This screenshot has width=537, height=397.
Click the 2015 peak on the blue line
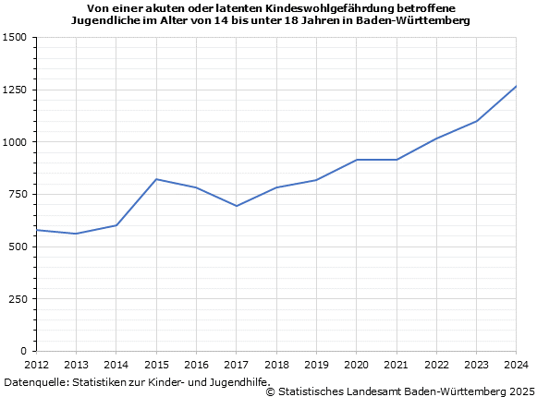tap(156, 179)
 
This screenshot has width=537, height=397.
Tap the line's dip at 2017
tap(237, 206)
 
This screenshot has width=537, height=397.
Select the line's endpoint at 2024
tap(516, 86)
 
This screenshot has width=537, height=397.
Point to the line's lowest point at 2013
tap(76, 234)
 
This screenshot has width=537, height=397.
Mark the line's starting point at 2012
tap(36, 230)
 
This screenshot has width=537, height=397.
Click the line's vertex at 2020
tap(356, 160)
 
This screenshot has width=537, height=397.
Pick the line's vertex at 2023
tap(476, 121)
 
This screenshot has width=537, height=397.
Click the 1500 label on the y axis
tap(16, 38)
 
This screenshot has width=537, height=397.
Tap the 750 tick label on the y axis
tap(18, 195)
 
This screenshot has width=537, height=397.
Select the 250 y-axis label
tap(18, 299)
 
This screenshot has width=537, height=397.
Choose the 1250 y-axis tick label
tap(16, 90)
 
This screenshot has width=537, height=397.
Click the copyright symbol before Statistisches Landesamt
tap(271, 391)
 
